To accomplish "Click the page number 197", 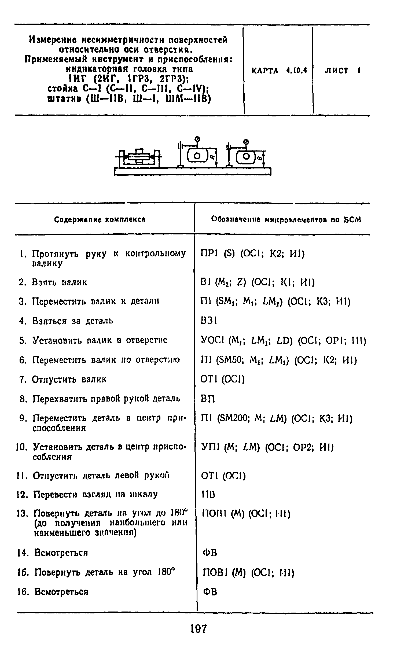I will [199, 629].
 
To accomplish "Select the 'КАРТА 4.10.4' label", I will [279, 71].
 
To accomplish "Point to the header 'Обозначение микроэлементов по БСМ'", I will [286, 220].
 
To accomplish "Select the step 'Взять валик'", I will [59, 282].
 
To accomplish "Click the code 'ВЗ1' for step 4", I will [209, 321].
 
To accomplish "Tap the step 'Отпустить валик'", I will [69, 379].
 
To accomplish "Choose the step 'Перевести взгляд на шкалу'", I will [95, 494].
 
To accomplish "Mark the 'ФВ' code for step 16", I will [210, 592].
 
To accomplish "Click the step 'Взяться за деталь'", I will [72, 321].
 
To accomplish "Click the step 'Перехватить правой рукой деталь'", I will [106, 399].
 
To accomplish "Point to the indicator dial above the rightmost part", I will [245, 141].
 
